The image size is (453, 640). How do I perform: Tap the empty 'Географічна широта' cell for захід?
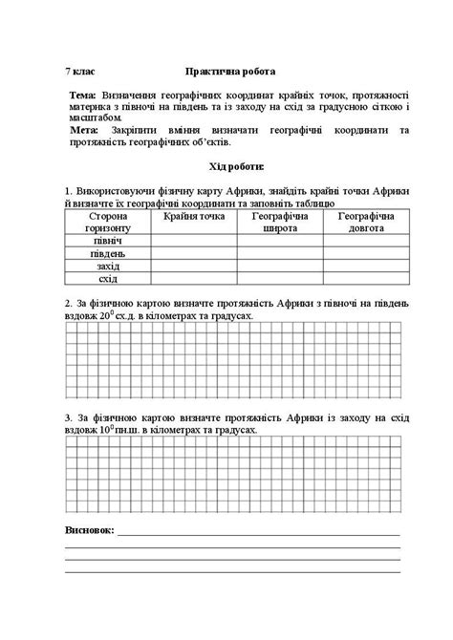tap(279, 267)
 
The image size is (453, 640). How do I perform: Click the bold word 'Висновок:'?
tap(88, 528)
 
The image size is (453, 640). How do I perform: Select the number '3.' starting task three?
tap(68, 417)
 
